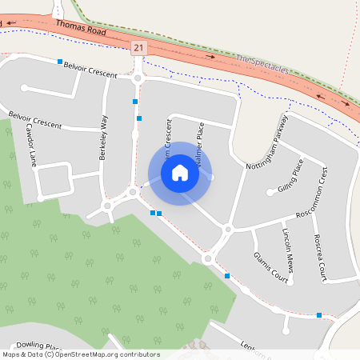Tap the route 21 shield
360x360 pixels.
tap(139, 49)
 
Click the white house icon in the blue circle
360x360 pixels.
tap(180, 173)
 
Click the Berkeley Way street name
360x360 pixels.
tap(103, 138)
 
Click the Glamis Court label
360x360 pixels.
tap(270, 267)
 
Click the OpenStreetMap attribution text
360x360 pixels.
tap(81, 354)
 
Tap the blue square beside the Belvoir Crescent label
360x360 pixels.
tap(60, 61)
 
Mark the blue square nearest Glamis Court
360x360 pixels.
tap(227, 275)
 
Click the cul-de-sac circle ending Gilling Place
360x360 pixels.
tap(270, 192)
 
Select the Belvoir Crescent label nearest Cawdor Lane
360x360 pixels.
tap(34, 121)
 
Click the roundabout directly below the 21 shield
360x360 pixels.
tap(138, 78)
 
